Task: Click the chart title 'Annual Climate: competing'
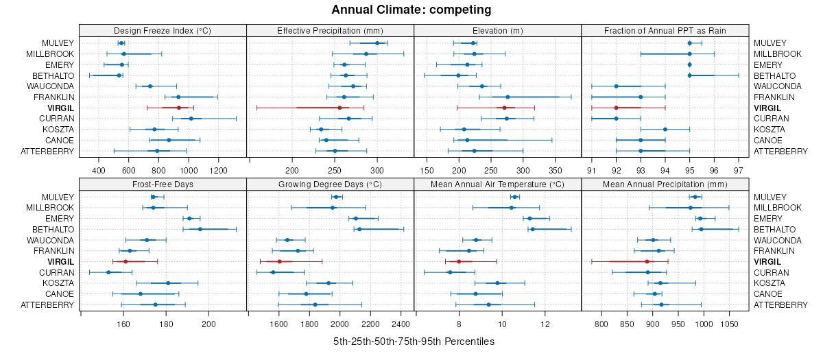[411, 10]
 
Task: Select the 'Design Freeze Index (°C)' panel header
[162, 30]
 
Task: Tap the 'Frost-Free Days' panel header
[162, 184]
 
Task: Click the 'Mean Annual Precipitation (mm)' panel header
[665, 184]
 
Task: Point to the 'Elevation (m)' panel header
[497, 30]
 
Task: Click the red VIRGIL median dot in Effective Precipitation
[339, 108]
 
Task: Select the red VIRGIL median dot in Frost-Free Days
[126, 261]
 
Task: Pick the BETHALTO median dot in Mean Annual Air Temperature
[532, 229]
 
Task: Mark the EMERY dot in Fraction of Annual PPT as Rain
[689, 64]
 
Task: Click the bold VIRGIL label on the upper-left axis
[60, 108]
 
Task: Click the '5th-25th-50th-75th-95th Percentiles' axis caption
[414, 341]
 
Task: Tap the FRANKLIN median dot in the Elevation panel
[508, 97]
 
